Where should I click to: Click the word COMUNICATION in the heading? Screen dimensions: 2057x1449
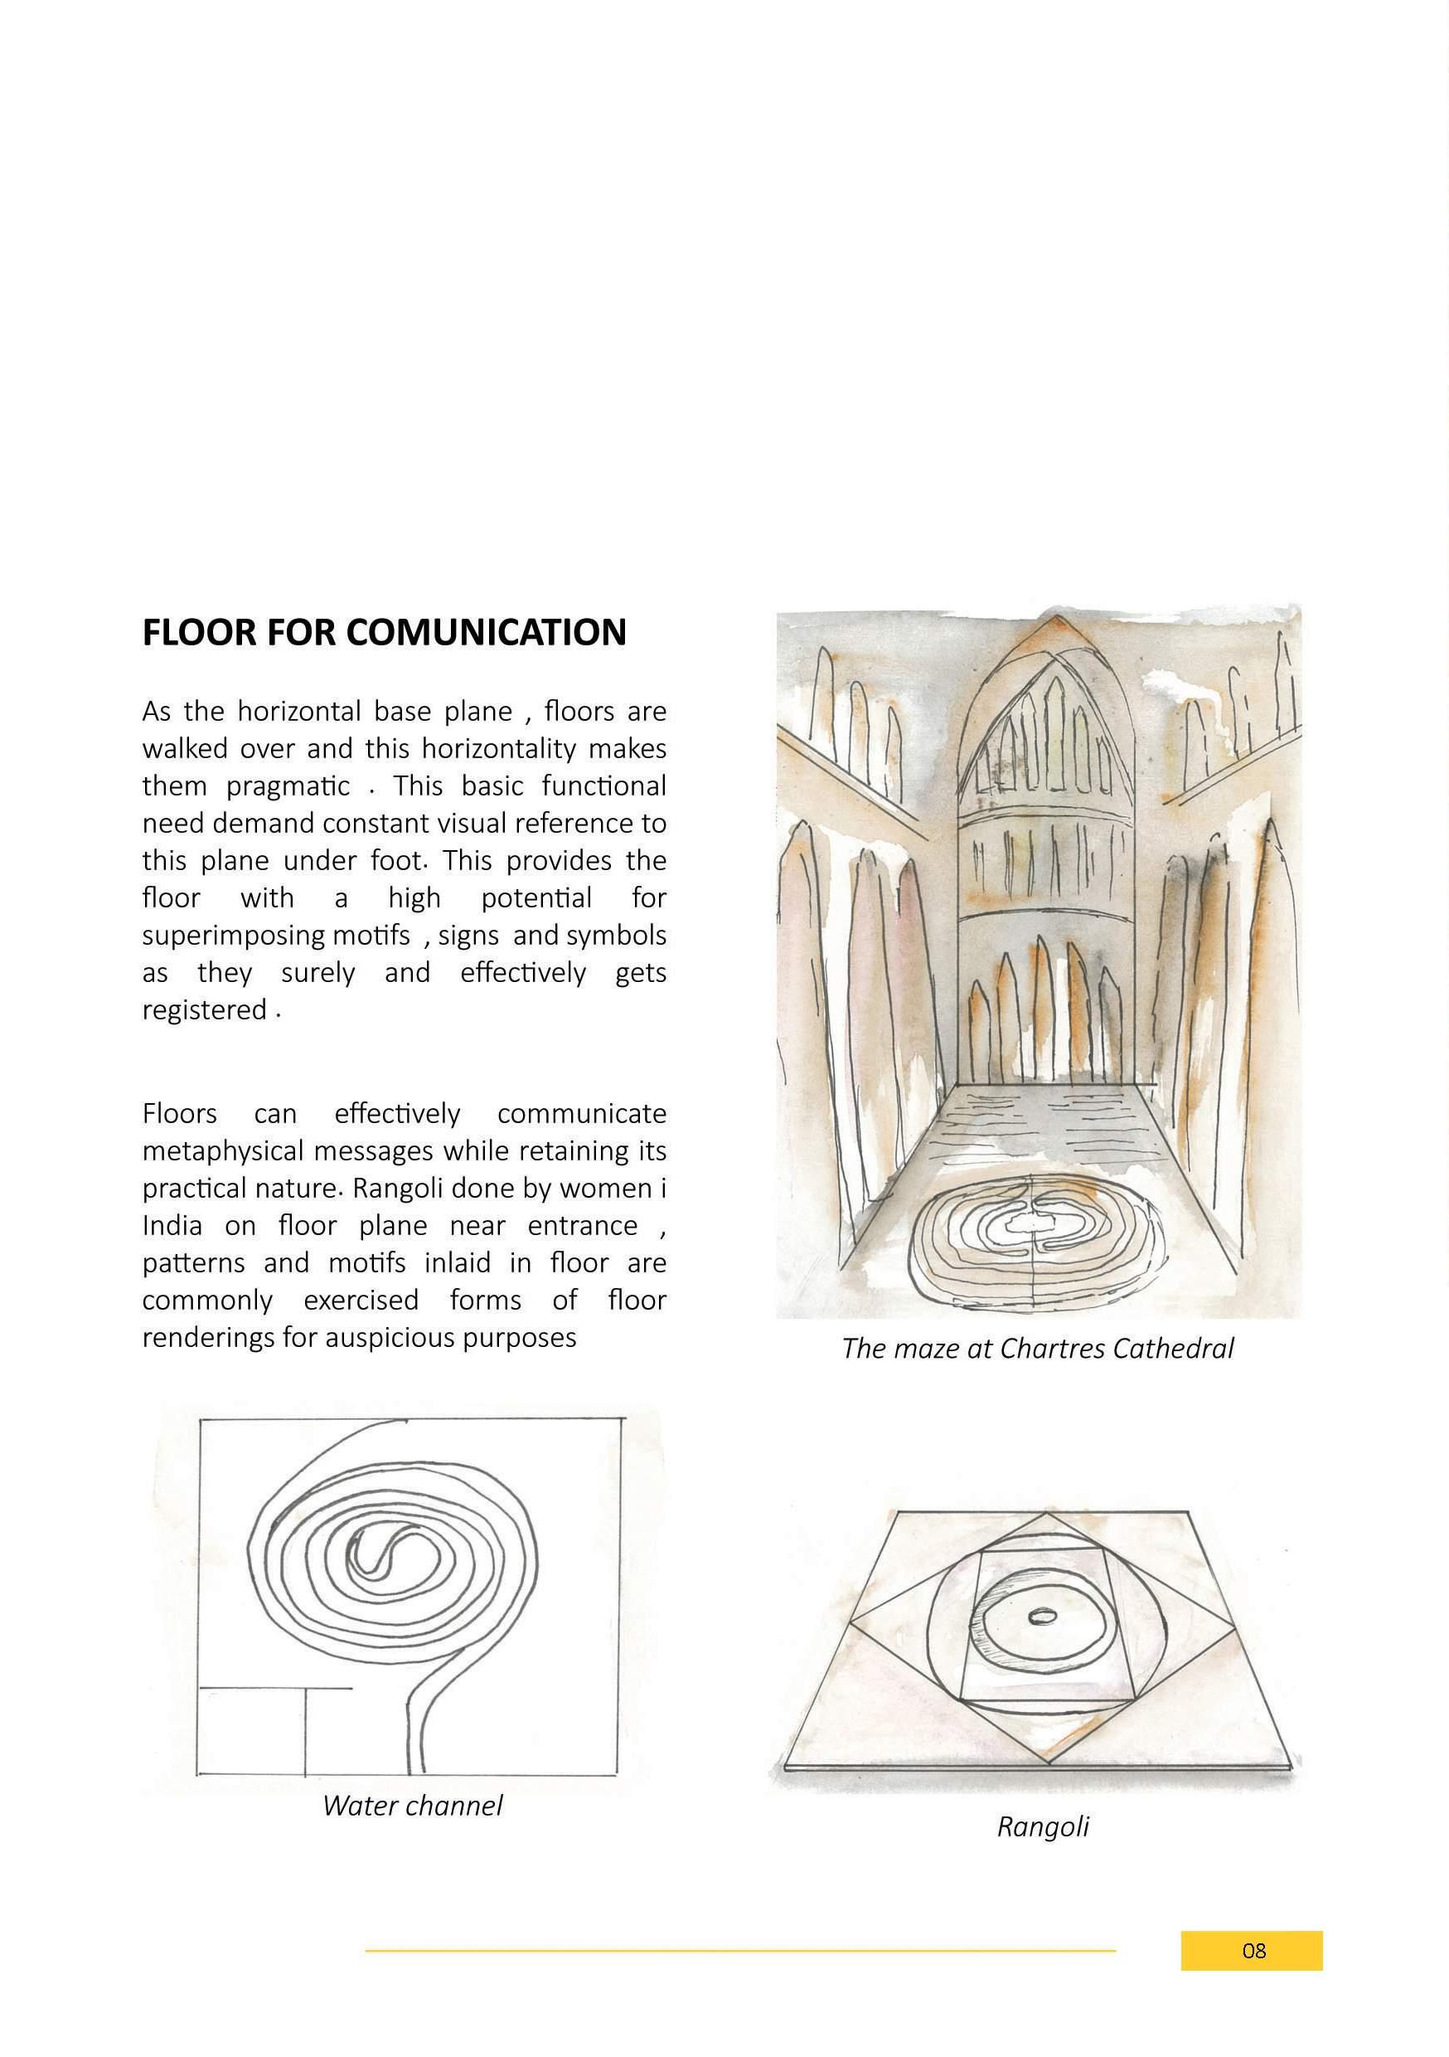click(x=486, y=633)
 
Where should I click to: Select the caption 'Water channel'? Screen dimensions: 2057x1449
click(x=412, y=1805)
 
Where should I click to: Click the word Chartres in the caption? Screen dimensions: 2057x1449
click(x=1052, y=1349)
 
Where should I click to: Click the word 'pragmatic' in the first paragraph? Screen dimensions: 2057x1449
click(x=288, y=786)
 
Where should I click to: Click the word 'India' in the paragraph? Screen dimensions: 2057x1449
click(x=172, y=1226)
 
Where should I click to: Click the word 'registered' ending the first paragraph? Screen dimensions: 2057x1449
click(x=204, y=1010)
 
